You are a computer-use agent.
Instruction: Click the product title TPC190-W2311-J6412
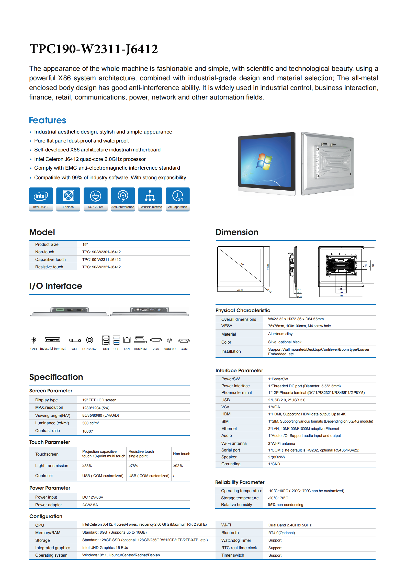point(94,49)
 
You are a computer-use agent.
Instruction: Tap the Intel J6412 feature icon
point(41,196)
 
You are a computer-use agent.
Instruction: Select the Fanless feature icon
point(68,196)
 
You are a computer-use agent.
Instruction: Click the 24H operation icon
point(177,196)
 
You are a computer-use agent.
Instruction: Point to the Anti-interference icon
point(123,196)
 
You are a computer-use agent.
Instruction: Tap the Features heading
point(48,120)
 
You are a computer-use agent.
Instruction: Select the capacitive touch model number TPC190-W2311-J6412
point(101,260)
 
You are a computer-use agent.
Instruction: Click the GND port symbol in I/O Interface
point(33,340)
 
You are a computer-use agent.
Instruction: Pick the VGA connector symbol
point(156,340)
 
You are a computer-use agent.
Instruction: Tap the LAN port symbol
point(127,340)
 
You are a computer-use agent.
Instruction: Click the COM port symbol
point(184,340)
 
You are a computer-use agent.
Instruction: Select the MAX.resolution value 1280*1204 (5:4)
point(96,408)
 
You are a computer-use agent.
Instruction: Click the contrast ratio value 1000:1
point(88,431)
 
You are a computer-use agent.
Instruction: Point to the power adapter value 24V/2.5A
point(90,505)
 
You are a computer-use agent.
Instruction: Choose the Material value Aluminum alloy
point(280,334)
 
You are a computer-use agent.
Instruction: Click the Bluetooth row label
point(230,533)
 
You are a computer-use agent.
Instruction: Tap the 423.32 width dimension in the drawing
point(240,290)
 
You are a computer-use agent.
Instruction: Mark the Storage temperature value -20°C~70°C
point(278,498)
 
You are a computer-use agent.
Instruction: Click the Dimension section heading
point(237,232)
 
